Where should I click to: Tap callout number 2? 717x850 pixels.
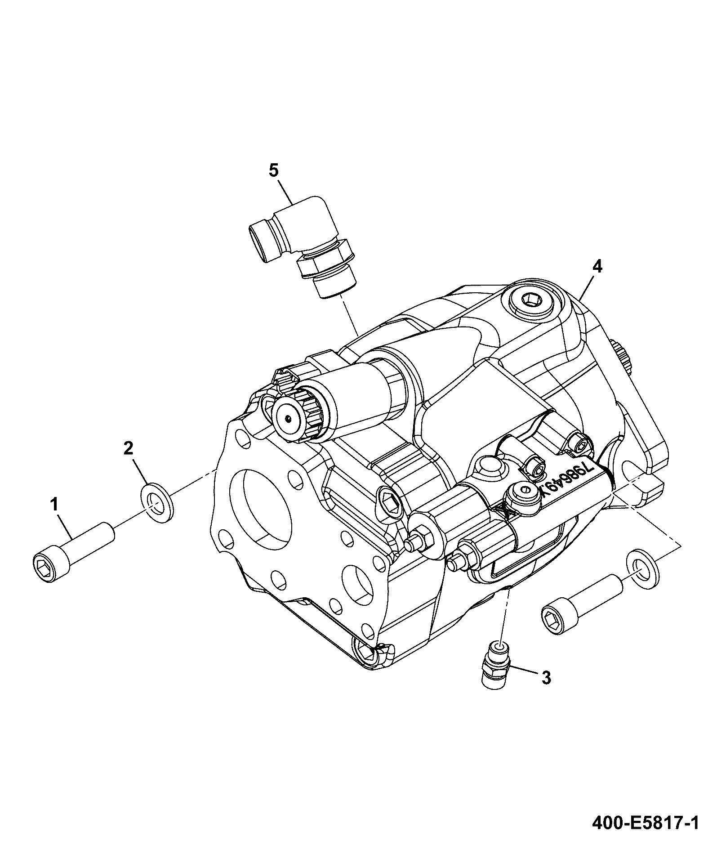tap(129, 448)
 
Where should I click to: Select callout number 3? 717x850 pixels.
tap(546, 690)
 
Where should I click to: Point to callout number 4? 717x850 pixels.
tap(597, 266)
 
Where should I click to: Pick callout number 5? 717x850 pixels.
tap(274, 170)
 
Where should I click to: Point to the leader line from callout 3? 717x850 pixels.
tap(524, 678)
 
